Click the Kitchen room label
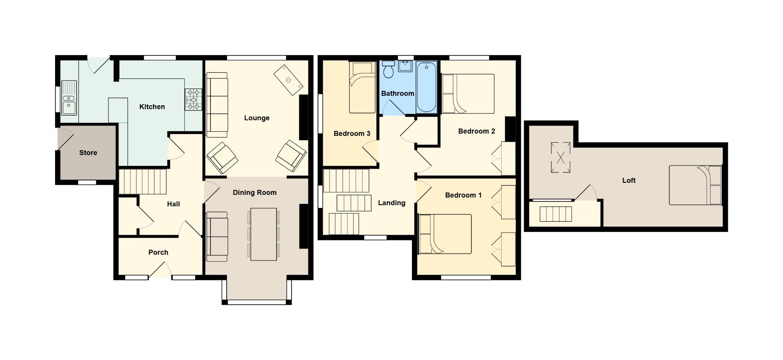152,107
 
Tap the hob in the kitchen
193,99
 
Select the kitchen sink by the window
69,98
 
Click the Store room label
88,153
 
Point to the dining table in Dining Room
264,234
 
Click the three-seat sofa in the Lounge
217,105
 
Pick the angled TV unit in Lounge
288,80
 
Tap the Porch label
158,252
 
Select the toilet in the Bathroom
388,69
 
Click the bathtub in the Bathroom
427,87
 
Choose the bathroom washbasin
405,66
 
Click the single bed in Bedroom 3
362,88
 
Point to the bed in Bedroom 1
445,234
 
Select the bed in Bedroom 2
468,94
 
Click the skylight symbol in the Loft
560,157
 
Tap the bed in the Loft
695,185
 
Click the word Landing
391,203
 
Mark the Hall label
173,204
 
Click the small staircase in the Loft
555,214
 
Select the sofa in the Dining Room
217,236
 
